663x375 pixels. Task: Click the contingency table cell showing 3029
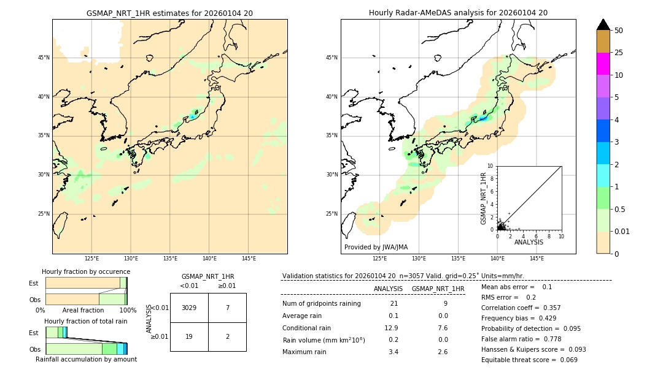189,308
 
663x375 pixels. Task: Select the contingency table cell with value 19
189,337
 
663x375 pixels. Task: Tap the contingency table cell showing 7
227,308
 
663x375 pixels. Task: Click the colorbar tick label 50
619,31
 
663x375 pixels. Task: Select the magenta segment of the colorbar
603,64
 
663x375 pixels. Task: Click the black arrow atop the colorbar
603,25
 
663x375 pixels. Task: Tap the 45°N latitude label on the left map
44,58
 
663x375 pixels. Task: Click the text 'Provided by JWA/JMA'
376,247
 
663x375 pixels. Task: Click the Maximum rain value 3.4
394,352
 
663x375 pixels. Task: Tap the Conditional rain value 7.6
443,328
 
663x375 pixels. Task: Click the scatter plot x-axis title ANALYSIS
529,242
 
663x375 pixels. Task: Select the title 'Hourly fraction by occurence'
86,271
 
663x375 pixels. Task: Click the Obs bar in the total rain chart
86,348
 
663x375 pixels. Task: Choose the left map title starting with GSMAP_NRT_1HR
169,13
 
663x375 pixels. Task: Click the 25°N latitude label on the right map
332,214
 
